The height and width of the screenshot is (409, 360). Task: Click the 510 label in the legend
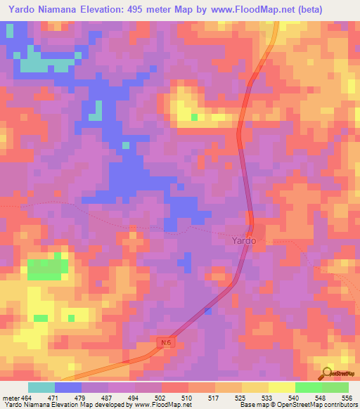click(x=187, y=397)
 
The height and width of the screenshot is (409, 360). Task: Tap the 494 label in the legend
click(x=133, y=397)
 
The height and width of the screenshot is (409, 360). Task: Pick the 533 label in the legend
click(x=268, y=397)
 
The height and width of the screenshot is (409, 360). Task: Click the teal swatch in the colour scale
click(x=41, y=387)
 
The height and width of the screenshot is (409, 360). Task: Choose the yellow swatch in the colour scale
click(x=282, y=387)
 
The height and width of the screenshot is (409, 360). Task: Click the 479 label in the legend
click(x=79, y=397)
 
